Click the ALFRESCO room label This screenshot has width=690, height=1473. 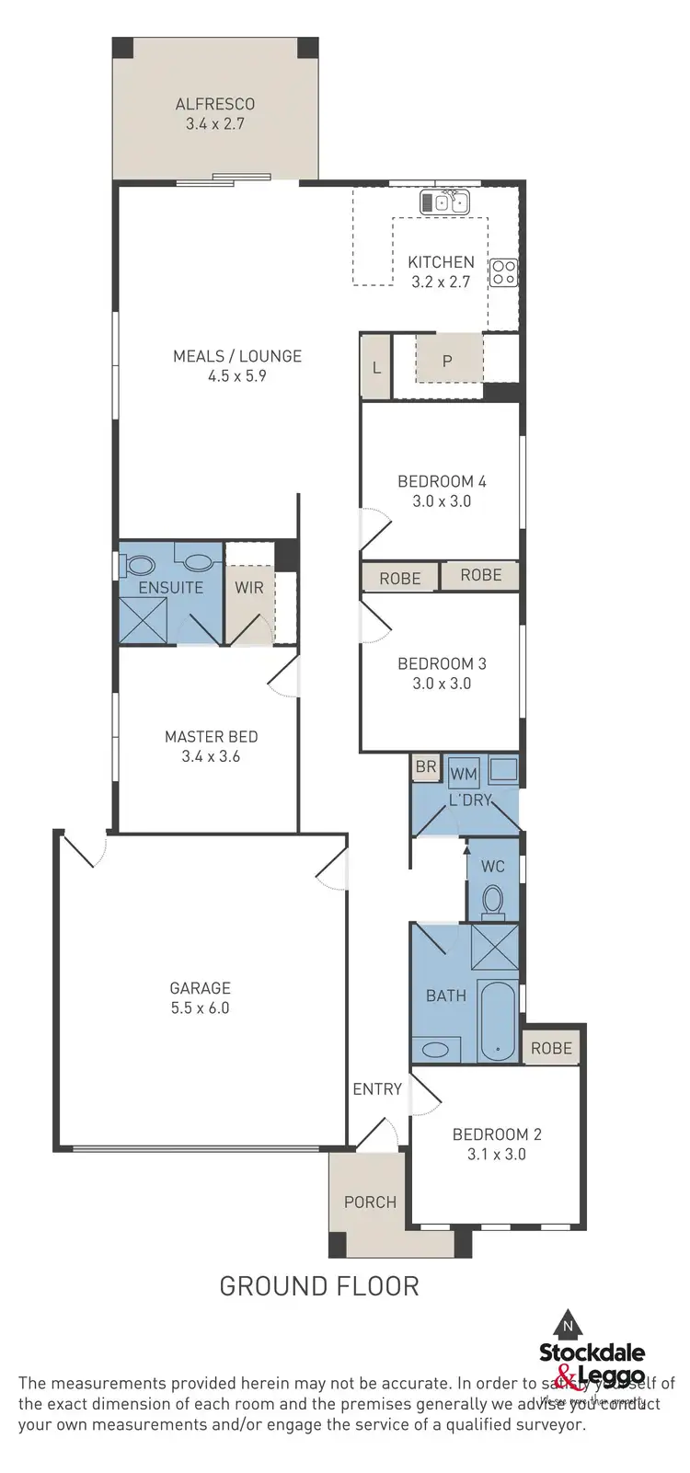click(x=214, y=105)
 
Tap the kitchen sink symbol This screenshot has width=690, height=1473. click(x=445, y=201)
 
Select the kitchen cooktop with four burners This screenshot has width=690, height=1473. click(x=503, y=271)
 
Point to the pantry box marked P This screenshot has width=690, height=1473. click(x=448, y=360)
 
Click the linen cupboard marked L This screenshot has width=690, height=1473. click(x=376, y=367)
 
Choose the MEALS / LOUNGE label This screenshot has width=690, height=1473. click(x=237, y=356)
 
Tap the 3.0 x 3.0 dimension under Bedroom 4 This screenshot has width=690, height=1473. click(x=442, y=501)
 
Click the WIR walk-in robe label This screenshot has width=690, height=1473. click(x=249, y=588)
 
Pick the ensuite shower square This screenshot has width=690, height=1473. click(x=144, y=620)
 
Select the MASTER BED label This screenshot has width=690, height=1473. click(x=211, y=737)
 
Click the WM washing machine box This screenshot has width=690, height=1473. click(x=464, y=774)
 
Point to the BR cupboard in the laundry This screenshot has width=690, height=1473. click(x=425, y=766)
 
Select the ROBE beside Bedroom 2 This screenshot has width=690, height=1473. click(x=551, y=1048)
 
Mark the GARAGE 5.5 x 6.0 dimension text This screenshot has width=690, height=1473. click(x=200, y=1008)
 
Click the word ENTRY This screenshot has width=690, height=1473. click(x=377, y=1089)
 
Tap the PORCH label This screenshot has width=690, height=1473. click(x=370, y=1203)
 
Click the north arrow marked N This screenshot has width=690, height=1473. click(x=569, y=1326)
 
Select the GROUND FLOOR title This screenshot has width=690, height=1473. click(x=318, y=1285)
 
